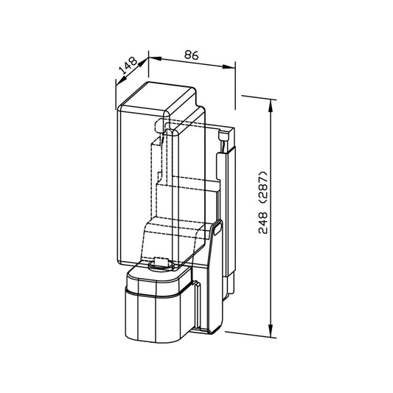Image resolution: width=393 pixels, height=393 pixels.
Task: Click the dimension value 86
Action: pyautogui.click(x=192, y=55)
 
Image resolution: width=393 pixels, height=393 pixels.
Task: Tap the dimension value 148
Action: pyautogui.click(x=128, y=65)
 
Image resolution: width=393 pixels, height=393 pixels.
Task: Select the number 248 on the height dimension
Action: pyautogui.click(x=262, y=223)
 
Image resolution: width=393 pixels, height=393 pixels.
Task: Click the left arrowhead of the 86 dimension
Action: pyautogui.click(x=155, y=59)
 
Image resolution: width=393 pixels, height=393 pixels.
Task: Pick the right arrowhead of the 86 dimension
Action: pyautogui.click(x=229, y=66)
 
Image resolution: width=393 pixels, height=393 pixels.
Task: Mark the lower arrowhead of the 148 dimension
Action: pyautogui.click(x=121, y=80)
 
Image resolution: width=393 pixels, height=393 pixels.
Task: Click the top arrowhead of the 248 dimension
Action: pyautogui.click(x=270, y=105)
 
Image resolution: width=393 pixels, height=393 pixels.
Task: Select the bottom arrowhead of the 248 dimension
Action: pyautogui.click(x=271, y=331)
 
